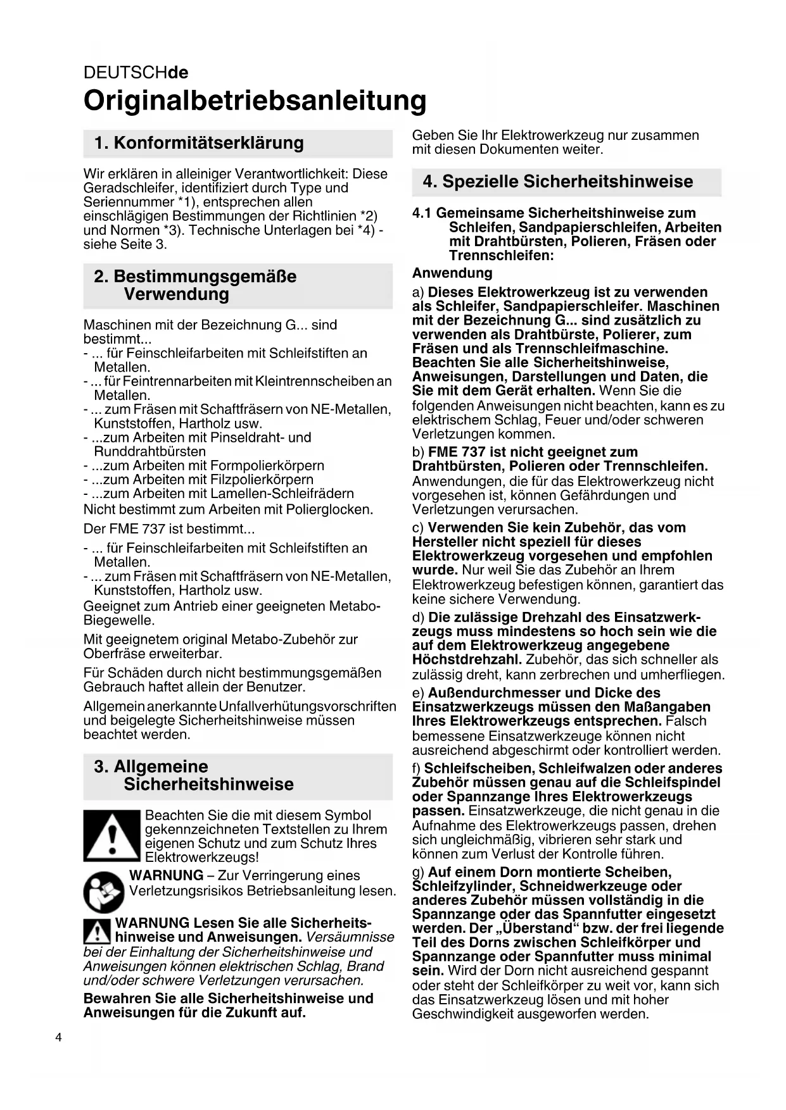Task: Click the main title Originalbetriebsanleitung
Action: coord(255,101)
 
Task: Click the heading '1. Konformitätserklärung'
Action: coord(199,143)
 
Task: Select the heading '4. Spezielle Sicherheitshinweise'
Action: coord(558,182)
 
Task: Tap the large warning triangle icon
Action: coord(111,835)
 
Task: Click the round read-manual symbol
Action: coord(104,891)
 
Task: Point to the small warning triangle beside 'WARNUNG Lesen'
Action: coord(98,930)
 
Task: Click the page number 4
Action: coord(59,1037)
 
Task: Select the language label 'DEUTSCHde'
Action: coord(136,72)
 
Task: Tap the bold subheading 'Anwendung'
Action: coord(452,273)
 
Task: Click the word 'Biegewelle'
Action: coord(119,620)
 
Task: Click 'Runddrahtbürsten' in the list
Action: coord(150,452)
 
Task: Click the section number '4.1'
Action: coord(422,213)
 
